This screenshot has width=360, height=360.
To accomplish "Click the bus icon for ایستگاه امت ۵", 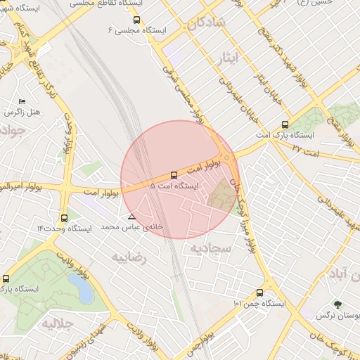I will click(x=174, y=175).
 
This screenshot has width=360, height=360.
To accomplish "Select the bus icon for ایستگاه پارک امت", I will click(x=284, y=125).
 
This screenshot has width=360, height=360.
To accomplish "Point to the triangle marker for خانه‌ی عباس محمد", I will click(x=132, y=217).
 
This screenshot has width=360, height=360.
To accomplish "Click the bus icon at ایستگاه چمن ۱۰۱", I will click(x=260, y=292).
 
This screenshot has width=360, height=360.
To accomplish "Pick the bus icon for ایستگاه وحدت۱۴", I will click(x=65, y=218).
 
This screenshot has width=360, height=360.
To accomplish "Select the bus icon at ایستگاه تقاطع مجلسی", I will click(x=136, y=20).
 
